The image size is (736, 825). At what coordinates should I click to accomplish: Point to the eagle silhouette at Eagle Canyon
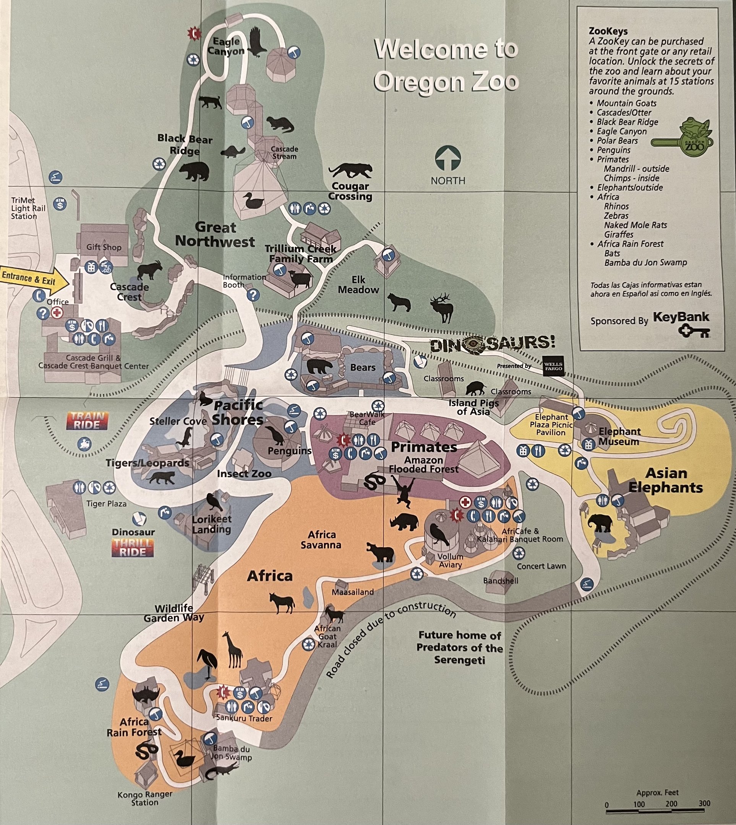point(256,42)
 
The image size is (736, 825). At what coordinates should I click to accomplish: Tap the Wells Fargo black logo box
point(553,366)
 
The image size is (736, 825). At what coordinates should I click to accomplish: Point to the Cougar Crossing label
point(350,191)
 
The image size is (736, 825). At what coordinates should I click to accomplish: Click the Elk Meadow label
point(358,285)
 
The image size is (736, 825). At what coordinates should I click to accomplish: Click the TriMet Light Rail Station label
point(28,208)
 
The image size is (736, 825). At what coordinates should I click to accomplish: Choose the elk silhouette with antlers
point(443,307)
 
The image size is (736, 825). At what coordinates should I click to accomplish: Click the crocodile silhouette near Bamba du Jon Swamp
point(220,772)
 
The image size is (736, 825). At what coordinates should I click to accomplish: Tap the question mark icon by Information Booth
point(253,295)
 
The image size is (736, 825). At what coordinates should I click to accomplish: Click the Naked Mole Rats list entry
point(635,225)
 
